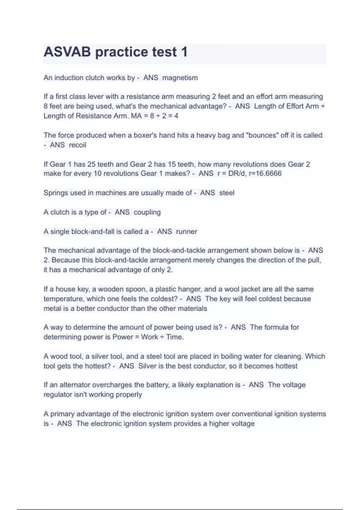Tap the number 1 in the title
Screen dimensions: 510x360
pos(184,52)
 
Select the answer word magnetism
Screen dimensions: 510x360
pos(180,78)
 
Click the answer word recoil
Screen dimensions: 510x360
pos(78,145)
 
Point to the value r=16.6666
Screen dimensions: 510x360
pos(265,173)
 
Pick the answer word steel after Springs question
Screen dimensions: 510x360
pos(227,193)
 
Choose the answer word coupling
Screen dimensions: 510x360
pos(147,212)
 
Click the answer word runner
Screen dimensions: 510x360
pos(187,232)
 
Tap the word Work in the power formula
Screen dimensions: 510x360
pos(150,337)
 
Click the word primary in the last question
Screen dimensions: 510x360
pos(62,414)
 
